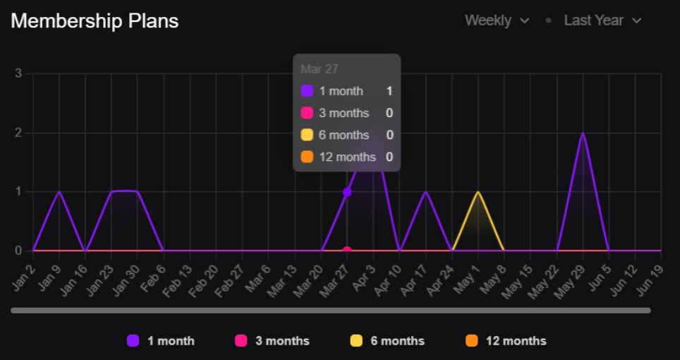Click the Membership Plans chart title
(95, 21)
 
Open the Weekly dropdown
(497, 20)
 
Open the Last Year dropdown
(602, 20)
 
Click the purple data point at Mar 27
(347, 192)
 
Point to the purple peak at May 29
(583, 133)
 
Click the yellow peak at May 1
(478, 192)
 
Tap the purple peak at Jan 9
(59, 192)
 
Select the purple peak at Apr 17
(426, 192)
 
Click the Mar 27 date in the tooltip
(319, 69)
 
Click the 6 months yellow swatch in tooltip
(307, 135)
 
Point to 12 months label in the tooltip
(347, 157)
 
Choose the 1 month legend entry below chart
(161, 341)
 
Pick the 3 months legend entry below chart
(272, 341)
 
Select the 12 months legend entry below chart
(506, 341)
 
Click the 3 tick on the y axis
(18, 73)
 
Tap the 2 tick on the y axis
(18, 133)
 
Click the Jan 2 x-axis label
(24, 272)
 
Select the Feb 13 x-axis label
(181, 274)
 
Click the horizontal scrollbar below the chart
(330, 310)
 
